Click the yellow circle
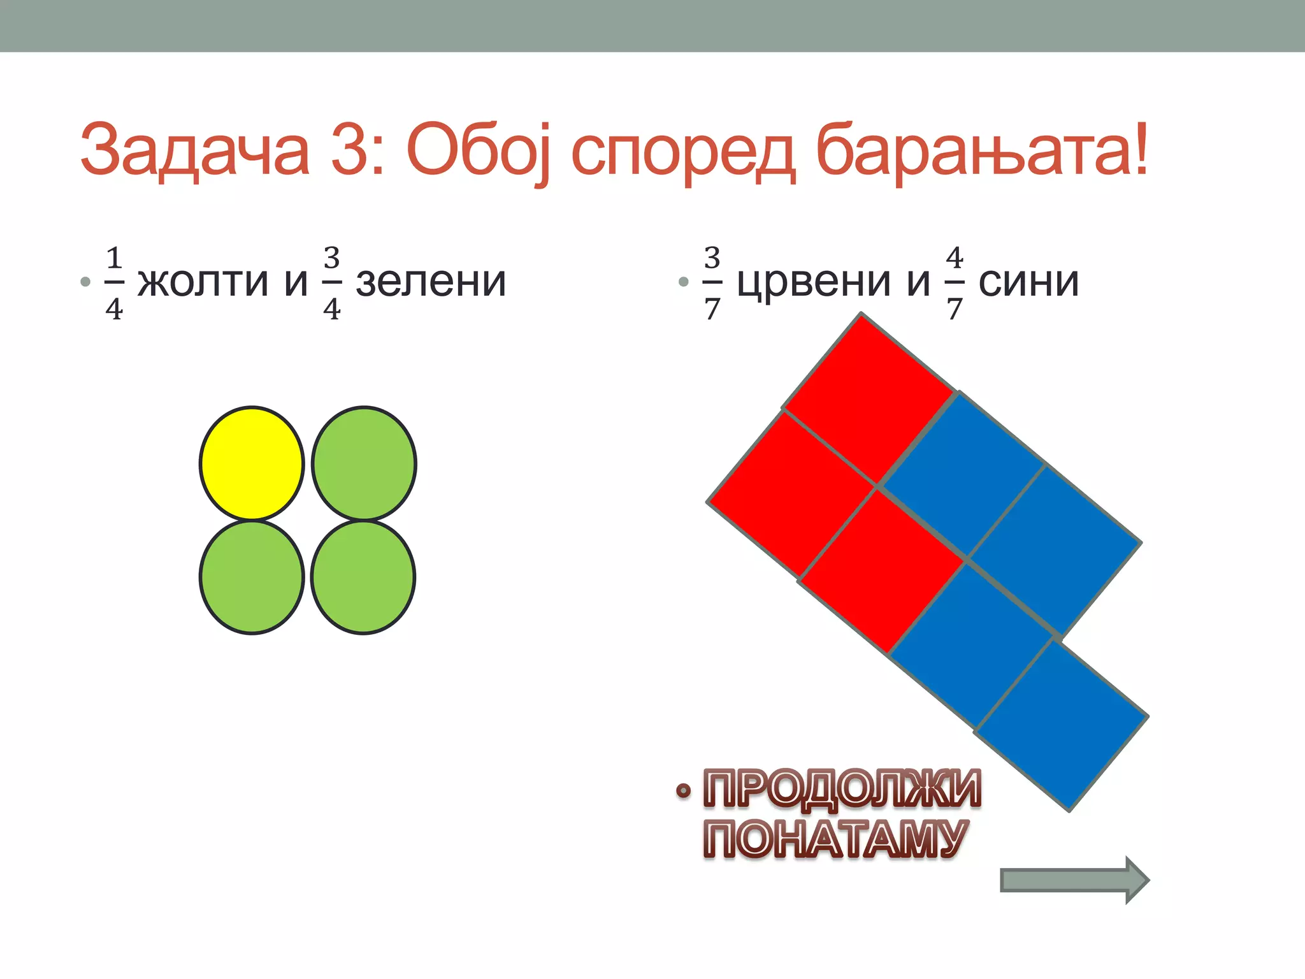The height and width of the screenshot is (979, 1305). [x=252, y=463]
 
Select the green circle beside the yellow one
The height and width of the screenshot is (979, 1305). [x=364, y=463]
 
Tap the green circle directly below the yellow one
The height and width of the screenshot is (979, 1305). [x=252, y=577]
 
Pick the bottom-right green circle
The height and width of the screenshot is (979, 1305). [x=363, y=577]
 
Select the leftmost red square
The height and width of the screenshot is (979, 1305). [x=791, y=495]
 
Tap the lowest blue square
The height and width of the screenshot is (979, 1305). [x=1061, y=725]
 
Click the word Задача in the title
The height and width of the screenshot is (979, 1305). [x=194, y=150]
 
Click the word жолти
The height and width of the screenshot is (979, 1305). [x=203, y=282]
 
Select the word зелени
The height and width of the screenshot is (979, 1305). [x=431, y=282]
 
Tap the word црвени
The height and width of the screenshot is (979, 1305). [x=814, y=282]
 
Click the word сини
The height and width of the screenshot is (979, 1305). [x=1028, y=282]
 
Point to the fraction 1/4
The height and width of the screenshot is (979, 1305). [x=114, y=283]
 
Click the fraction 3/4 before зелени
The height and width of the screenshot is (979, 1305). [x=331, y=283]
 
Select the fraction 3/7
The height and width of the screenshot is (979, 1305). [x=712, y=283]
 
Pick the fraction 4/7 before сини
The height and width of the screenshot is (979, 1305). [x=954, y=283]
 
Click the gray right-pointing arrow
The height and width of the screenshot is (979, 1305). [x=1074, y=880]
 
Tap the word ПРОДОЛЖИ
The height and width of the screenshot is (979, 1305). [x=842, y=789]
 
